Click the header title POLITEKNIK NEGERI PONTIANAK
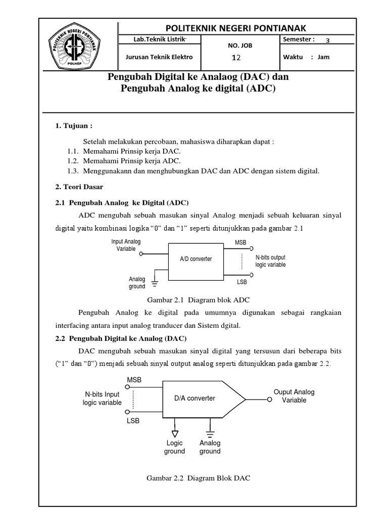click(233, 27)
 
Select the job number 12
click(236, 58)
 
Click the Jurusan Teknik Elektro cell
click(159, 57)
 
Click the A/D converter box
click(196, 259)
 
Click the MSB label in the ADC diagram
click(240, 243)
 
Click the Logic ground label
click(174, 447)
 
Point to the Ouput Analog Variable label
click(294, 396)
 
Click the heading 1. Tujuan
click(74, 125)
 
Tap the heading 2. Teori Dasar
click(79, 187)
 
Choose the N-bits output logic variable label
click(270, 261)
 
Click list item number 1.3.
click(193, 171)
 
